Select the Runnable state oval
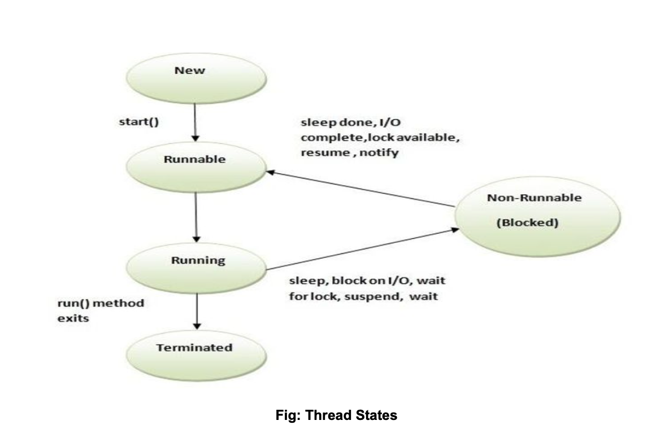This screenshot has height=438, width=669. pyautogui.click(x=194, y=164)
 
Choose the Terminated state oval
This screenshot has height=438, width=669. pyautogui.click(x=194, y=353)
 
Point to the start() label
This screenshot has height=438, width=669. pyautogui.click(x=138, y=122)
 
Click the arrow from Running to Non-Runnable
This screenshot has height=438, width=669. pyautogui.click(x=362, y=249)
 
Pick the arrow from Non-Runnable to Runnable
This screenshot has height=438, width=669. pyautogui.click(x=362, y=189)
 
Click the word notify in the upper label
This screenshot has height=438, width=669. pyautogui.click(x=380, y=152)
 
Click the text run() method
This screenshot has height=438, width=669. pyautogui.click(x=101, y=303)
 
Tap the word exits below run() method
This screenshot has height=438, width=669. pyautogui.click(x=73, y=318)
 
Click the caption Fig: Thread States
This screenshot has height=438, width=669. pyautogui.click(x=336, y=416)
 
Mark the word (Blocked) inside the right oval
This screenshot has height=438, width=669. pyautogui.click(x=527, y=223)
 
